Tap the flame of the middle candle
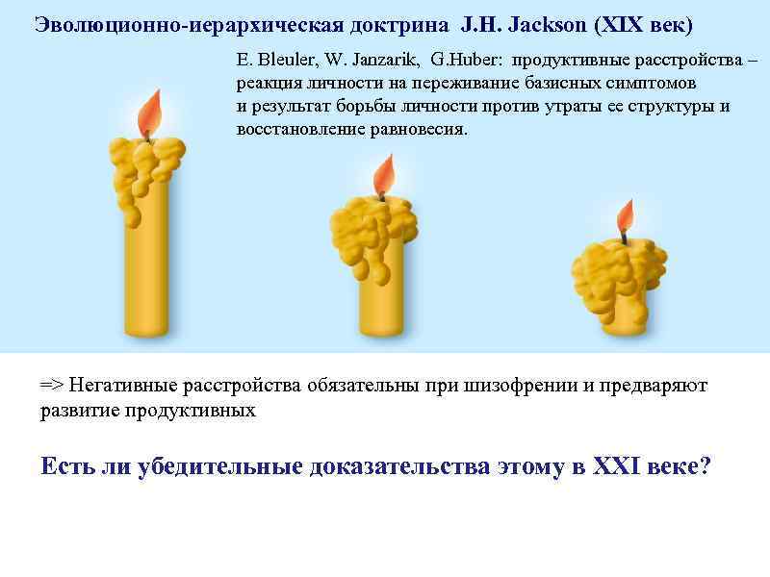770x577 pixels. (384, 176)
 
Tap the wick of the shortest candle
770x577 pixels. (624, 237)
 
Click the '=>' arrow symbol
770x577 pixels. (51, 387)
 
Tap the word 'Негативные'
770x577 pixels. (122, 387)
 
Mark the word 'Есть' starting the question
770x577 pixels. (69, 466)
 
